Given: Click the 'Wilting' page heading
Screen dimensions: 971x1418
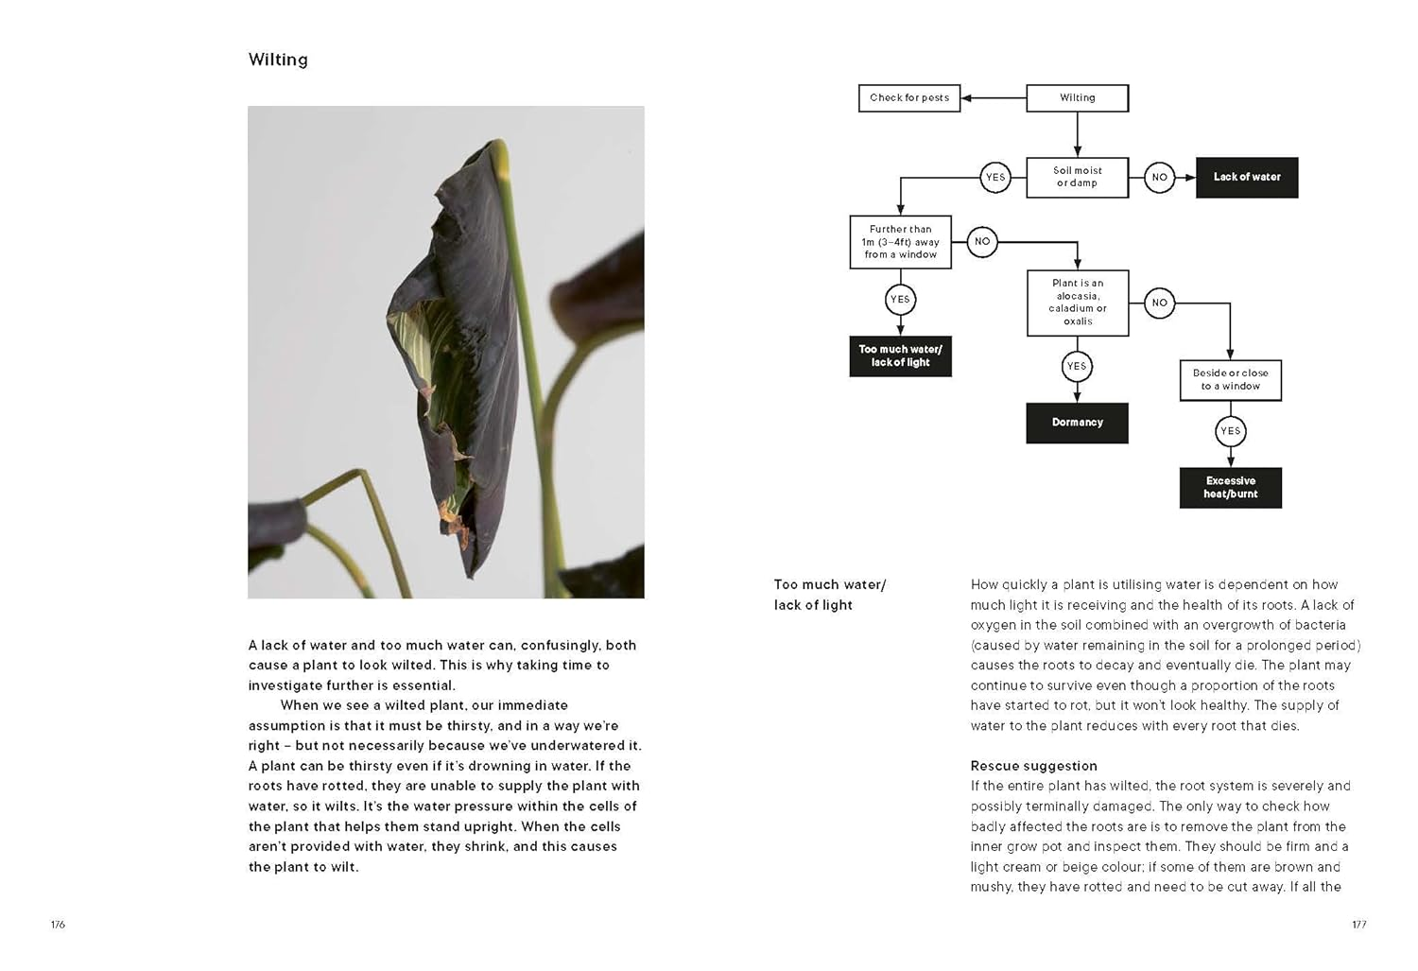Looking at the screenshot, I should click(278, 60).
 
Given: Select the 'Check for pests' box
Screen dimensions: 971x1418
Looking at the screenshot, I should click(908, 97).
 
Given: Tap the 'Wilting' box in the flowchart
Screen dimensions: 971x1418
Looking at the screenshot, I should click(1077, 97).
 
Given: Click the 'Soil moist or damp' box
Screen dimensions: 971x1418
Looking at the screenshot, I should click(1077, 177).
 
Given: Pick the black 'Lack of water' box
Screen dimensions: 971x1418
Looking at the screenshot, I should click(1246, 177).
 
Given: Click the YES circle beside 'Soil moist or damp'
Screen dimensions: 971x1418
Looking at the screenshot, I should click(995, 177).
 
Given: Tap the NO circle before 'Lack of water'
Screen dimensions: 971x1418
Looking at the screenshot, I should click(1159, 177).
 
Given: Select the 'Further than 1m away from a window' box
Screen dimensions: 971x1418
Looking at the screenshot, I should click(900, 242).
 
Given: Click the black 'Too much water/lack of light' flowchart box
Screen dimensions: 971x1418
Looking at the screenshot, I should click(900, 355).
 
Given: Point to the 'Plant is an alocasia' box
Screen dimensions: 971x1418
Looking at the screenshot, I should click(1078, 302).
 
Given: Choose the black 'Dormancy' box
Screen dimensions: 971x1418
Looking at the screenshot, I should click(1077, 423).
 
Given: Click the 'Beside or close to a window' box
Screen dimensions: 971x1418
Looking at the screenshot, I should click(1230, 379).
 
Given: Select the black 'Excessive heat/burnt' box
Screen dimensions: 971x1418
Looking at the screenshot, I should click(1230, 487).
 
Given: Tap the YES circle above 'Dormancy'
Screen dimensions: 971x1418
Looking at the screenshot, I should click(1077, 366).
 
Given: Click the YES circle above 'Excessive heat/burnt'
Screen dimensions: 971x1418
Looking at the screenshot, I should click(1230, 431).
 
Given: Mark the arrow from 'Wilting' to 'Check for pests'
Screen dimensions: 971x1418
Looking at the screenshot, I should click(992, 97).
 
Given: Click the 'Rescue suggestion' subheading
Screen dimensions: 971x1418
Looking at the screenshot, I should click(1033, 766).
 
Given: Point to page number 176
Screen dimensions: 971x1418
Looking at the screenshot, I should click(58, 925).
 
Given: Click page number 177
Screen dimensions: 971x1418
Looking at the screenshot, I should click(1358, 925).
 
